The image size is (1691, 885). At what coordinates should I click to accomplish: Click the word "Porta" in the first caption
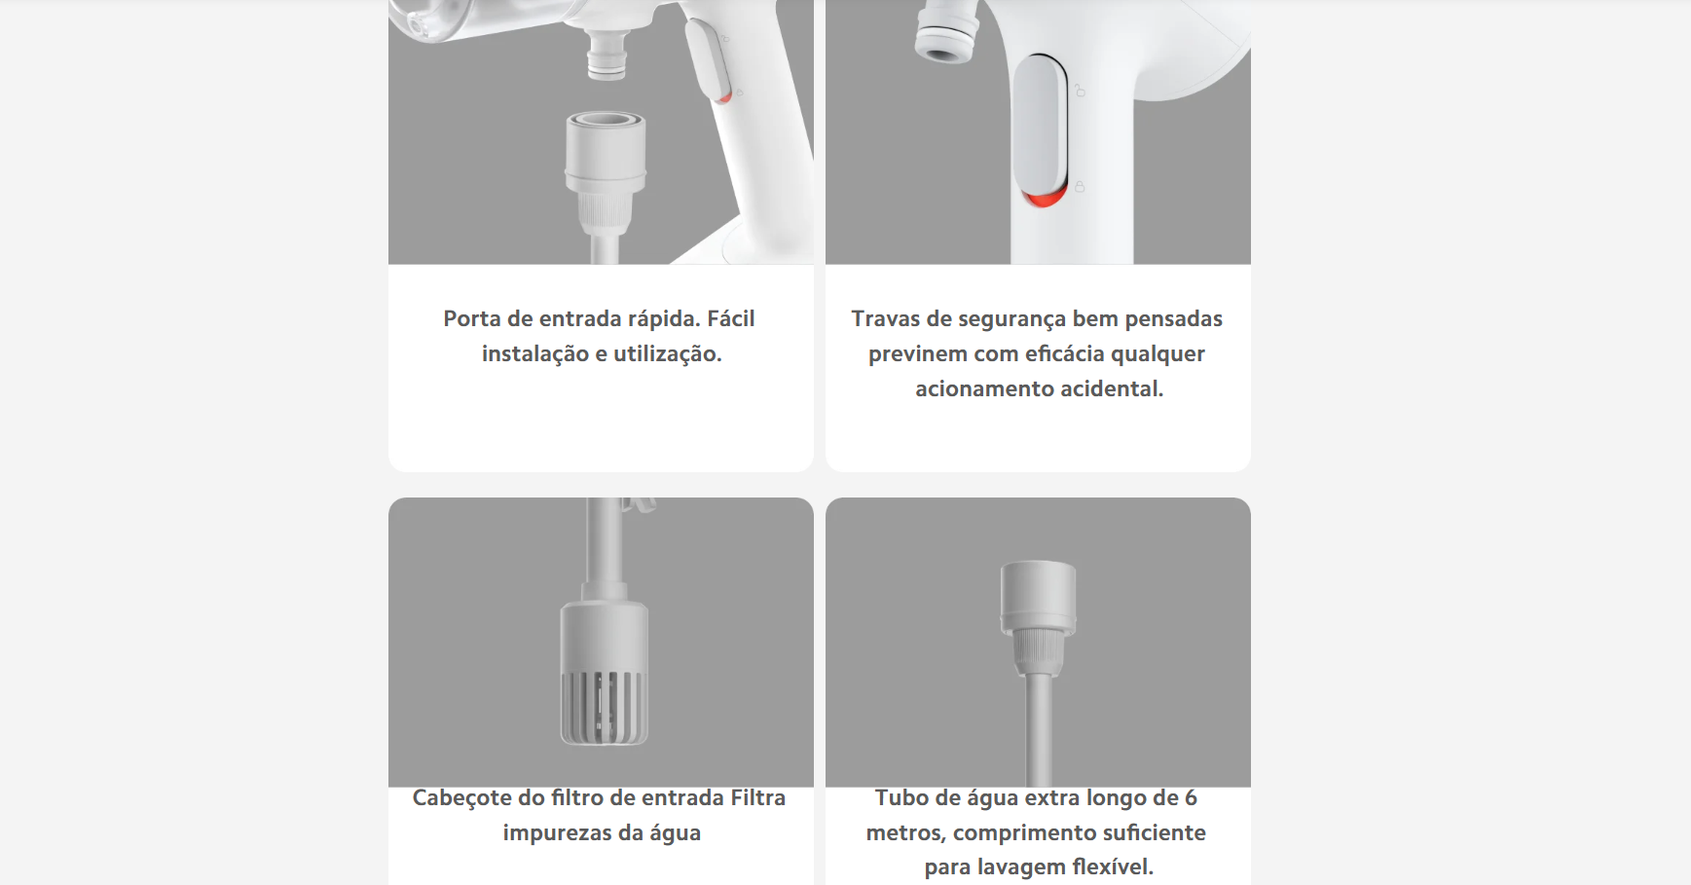[x=472, y=319]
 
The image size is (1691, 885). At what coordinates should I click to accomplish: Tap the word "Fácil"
[x=731, y=318]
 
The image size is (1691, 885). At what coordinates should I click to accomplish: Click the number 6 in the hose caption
[x=1191, y=798]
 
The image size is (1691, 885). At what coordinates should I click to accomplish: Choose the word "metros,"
[x=906, y=833]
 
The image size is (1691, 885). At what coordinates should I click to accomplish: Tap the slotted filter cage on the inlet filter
[x=604, y=707]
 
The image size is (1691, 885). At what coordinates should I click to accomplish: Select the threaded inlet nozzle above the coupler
[x=607, y=53]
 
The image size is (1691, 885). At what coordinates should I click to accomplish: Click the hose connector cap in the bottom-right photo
[x=1039, y=596]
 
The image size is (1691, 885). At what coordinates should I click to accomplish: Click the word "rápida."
[x=664, y=319]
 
